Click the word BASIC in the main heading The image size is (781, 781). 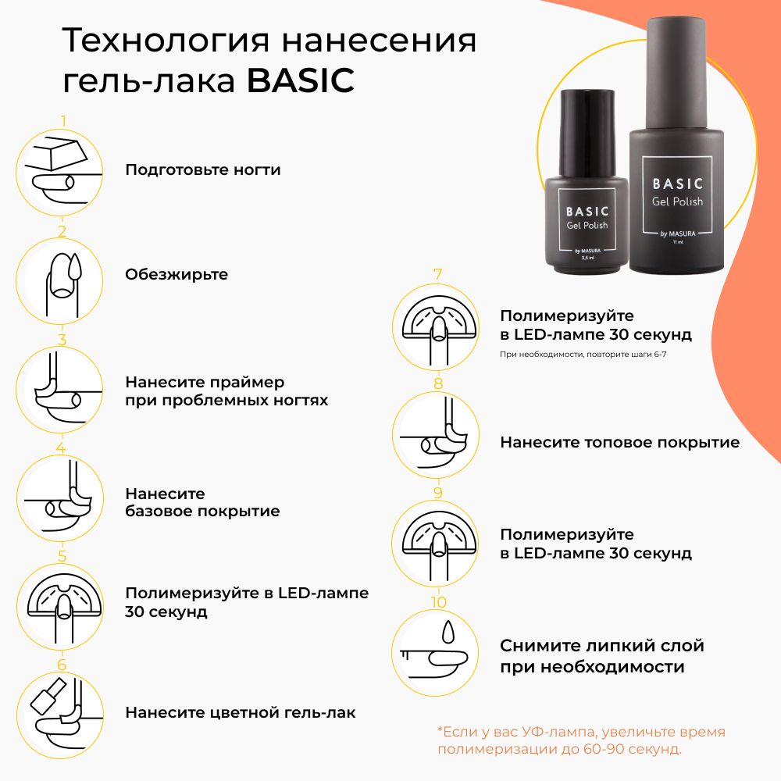[x=301, y=80]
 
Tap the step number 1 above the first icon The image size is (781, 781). [x=62, y=121]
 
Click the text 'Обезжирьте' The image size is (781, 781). [x=177, y=274]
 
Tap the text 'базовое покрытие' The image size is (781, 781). [x=202, y=512]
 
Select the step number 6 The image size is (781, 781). [x=62, y=665]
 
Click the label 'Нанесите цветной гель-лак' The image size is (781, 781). [x=240, y=713]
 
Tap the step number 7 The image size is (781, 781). [x=438, y=274]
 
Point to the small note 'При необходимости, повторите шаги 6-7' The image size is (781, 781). [x=583, y=355]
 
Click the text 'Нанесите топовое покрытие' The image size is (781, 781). [x=619, y=442]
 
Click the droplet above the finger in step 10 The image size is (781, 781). [x=448, y=632]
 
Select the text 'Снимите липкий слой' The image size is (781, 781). [x=601, y=646]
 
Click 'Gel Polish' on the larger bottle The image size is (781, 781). [x=677, y=201]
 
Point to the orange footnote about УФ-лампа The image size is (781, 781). [x=581, y=740]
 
